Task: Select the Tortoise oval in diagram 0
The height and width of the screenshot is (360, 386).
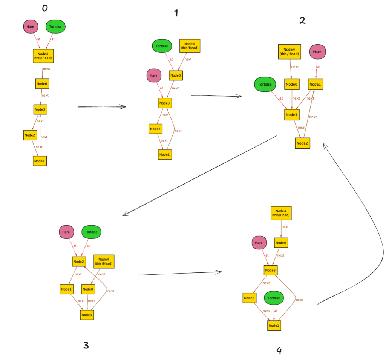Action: point(55,27)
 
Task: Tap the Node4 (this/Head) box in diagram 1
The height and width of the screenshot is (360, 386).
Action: point(189,46)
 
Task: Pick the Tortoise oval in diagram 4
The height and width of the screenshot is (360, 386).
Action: point(274,298)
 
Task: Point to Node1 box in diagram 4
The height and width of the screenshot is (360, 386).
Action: point(274,325)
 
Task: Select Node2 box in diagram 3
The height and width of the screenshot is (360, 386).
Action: point(78,261)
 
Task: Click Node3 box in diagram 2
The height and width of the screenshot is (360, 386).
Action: point(291,115)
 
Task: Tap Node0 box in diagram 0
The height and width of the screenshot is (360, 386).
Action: point(42,83)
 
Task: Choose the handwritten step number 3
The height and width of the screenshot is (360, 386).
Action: point(86,345)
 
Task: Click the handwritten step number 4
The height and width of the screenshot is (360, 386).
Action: point(279,351)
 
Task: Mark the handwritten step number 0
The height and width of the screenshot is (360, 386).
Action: point(44,8)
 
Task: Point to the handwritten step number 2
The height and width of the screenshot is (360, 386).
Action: point(302,20)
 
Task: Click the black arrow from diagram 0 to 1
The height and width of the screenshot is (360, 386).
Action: point(101,107)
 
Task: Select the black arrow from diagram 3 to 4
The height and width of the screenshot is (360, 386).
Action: point(179,273)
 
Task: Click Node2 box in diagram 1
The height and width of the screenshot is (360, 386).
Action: point(155,129)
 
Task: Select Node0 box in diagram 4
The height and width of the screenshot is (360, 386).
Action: point(281,243)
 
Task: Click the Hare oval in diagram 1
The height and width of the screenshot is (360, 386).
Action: point(154,75)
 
